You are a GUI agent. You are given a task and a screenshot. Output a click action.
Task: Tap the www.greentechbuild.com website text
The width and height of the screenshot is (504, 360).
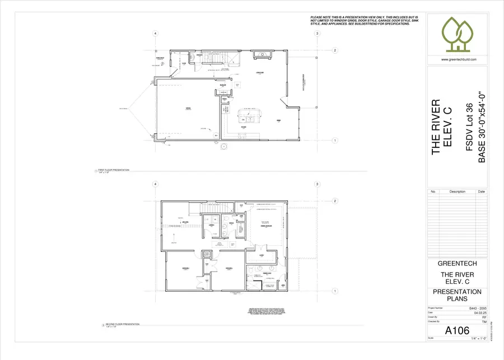click(x=459, y=60)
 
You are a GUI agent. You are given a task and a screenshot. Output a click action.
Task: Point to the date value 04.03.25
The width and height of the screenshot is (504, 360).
click(x=479, y=313)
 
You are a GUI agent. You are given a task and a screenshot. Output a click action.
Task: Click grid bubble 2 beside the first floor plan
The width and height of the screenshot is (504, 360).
click(x=335, y=50)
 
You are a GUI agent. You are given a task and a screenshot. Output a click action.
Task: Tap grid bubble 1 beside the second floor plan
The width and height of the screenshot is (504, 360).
click(x=335, y=291)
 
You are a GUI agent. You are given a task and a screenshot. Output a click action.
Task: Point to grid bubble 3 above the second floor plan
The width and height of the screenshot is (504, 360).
click(x=317, y=184)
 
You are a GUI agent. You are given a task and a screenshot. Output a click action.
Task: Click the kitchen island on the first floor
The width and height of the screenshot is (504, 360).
click(x=248, y=115)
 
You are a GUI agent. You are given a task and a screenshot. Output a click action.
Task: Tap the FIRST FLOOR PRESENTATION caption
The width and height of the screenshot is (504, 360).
click(x=114, y=169)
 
